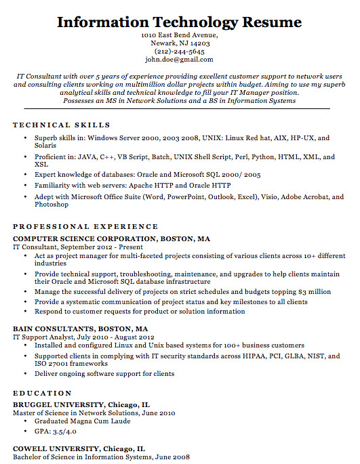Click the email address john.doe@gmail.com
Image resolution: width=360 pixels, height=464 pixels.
(x=180, y=60)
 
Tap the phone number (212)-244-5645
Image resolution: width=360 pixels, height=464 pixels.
(x=180, y=51)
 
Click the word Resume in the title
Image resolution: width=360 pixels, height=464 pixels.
(x=267, y=22)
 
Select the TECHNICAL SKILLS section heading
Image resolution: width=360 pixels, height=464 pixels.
(x=62, y=125)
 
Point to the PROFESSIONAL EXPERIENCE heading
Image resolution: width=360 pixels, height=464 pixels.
(x=85, y=227)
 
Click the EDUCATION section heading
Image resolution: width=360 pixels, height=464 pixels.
(x=43, y=394)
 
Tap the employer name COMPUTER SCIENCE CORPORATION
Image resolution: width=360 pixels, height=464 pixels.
(x=85, y=239)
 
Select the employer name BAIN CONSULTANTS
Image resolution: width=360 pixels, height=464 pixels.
(x=55, y=329)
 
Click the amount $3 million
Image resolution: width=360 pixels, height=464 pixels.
(x=315, y=292)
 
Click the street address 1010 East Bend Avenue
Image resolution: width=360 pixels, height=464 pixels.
(x=180, y=35)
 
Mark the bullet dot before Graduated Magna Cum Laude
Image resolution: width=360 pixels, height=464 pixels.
(x=25, y=422)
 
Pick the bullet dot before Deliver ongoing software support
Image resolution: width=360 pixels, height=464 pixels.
(x=25, y=374)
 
